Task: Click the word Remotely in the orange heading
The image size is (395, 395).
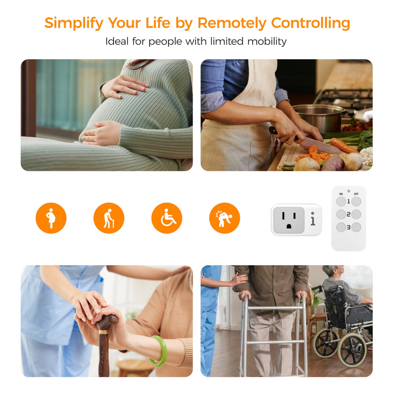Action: [232, 23]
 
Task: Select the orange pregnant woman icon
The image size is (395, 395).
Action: [51, 218]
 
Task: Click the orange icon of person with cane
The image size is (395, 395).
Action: [109, 218]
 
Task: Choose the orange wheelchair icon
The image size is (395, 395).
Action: [167, 218]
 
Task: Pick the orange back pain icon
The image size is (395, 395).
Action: [225, 218]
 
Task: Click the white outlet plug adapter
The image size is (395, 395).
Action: [296, 220]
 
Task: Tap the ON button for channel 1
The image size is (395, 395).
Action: [341, 201]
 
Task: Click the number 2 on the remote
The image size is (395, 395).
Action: [349, 214]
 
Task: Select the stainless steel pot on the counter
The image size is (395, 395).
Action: [318, 118]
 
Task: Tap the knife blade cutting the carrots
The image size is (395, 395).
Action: [320, 146]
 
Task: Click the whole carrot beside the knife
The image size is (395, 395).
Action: [344, 146]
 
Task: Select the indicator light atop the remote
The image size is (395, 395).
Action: [349, 191]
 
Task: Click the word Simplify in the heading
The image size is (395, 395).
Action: [74, 24]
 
